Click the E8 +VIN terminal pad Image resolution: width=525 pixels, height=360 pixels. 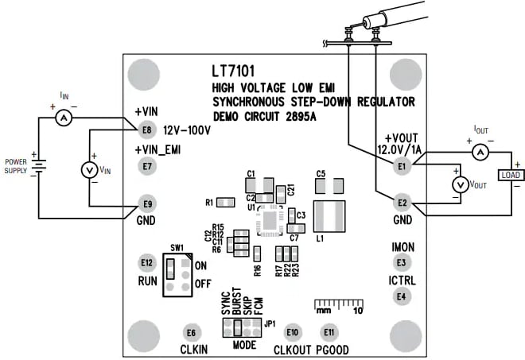[146, 130]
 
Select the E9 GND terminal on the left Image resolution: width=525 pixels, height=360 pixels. [146, 203]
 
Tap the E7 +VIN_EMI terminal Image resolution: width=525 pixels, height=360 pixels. [146, 166]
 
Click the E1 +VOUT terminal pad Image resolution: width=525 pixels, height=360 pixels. [402, 166]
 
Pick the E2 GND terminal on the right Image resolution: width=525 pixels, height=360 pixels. [402, 203]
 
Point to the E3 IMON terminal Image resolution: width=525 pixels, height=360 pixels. [402, 262]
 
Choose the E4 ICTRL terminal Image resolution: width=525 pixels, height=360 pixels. [402, 296]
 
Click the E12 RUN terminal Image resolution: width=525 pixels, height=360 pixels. [146, 262]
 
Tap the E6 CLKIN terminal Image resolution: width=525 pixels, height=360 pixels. [190, 332]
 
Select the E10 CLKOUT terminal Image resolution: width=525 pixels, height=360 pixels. [293, 332]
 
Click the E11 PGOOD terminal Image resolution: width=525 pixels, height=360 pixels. [327, 332]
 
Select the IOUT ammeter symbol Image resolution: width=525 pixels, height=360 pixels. [480, 151]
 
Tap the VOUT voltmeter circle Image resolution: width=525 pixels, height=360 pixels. [458, 184]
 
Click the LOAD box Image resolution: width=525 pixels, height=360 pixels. [509, 175]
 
